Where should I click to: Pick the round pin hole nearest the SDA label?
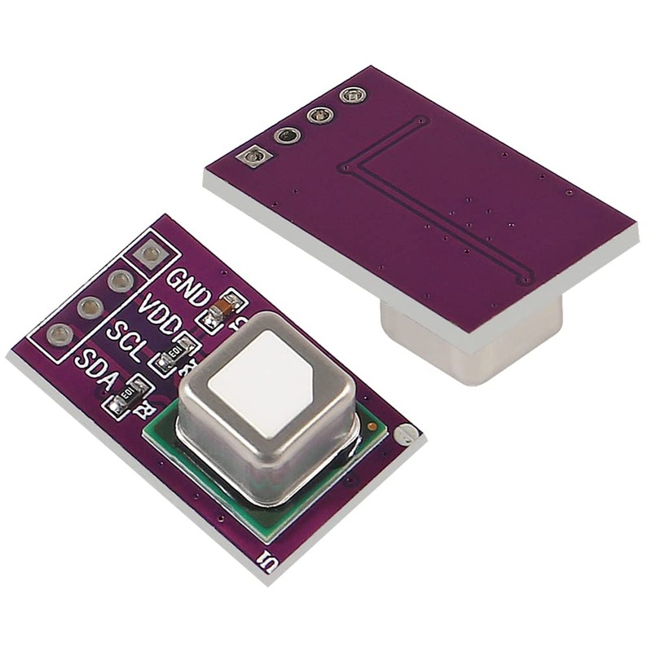tap(59, 334)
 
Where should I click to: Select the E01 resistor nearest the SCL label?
tap(174, 355)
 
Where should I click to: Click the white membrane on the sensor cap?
tap(263, 375)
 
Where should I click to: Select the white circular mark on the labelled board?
tap(405, 436)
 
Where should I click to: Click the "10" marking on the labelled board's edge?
tap(266, 562)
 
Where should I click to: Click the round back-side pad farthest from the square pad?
tap(351, 96)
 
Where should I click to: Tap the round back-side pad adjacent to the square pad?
tap(287, 135)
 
